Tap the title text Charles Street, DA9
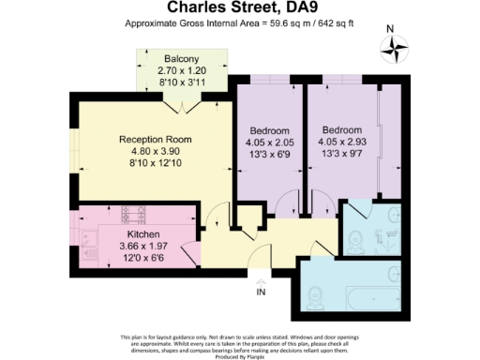pyautogui.click(x=239, y=9)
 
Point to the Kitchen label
pyautogui.click(x=143, y=233)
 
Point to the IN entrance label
pyautogui.click(x=262, y=292)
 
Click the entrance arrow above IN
pyautogui.click(x=262, y=279)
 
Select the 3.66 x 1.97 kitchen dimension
pyautogui.click(x=143, y=246)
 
